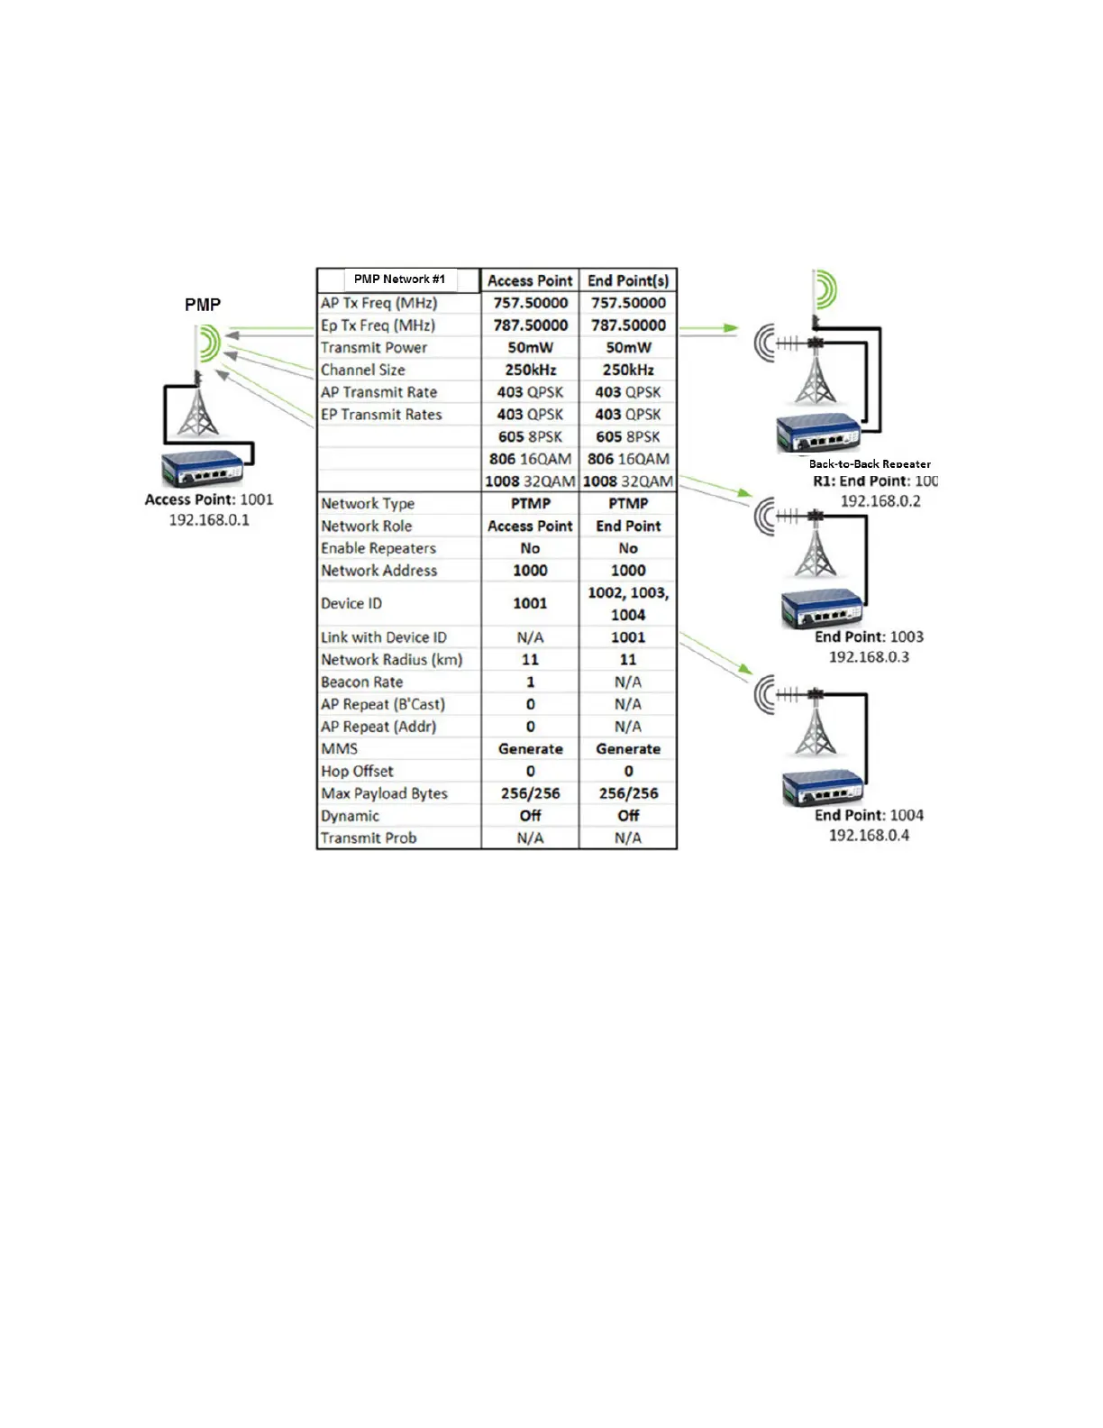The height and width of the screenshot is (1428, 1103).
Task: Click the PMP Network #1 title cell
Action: [399, 279]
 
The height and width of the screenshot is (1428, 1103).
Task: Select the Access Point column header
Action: [530, 280]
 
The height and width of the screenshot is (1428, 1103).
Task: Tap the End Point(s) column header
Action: [628, 280]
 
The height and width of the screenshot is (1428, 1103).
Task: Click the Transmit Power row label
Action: [374, 348]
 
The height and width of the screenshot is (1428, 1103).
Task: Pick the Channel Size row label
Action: [363, 370]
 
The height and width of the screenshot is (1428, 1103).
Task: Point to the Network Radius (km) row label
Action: [392, 660]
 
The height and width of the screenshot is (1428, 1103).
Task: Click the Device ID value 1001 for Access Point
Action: [530, 603]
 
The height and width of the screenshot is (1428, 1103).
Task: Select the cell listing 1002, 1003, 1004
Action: [628, 603]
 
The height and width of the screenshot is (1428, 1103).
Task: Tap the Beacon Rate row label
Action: [362, 682]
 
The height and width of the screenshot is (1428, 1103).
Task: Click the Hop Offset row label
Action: [358, 772]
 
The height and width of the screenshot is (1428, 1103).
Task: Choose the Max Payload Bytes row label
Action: [385, 793]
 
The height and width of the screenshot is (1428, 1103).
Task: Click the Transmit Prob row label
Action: [369, 838]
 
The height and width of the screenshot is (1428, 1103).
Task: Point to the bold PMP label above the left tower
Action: [203, 305]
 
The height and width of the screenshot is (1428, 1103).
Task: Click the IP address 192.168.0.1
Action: [209, 520]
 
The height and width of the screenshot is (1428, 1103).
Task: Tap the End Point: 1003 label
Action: [869, 636]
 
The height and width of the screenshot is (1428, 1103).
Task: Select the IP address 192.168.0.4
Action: [869, 836]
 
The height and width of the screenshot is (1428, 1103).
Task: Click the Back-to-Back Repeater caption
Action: [870, 464]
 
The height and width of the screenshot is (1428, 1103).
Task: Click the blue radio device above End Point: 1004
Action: [821, 789]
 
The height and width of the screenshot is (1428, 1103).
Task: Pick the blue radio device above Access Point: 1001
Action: [203, 468]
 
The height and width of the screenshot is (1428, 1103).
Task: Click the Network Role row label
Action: [367, 526]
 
